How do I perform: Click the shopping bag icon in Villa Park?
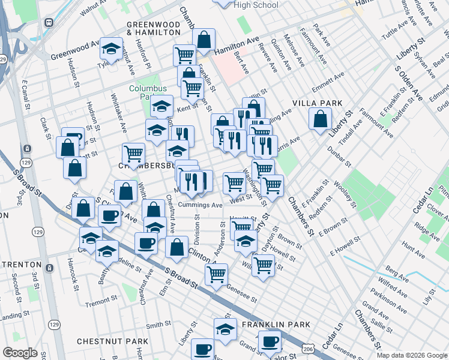click(x=320, y=118)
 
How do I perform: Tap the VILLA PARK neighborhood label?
click(x=317, y=103)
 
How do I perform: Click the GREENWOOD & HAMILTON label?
click(x=154, y=28)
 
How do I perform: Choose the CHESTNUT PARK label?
click(x=112, y=341)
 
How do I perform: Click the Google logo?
click(x=20, y=353)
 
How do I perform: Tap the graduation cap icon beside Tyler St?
click(x=111, y=49)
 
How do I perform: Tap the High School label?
click(x=256, y=5)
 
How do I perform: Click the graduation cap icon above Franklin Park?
click(x=225, y=329)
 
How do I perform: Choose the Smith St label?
click(x=158, y=325)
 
